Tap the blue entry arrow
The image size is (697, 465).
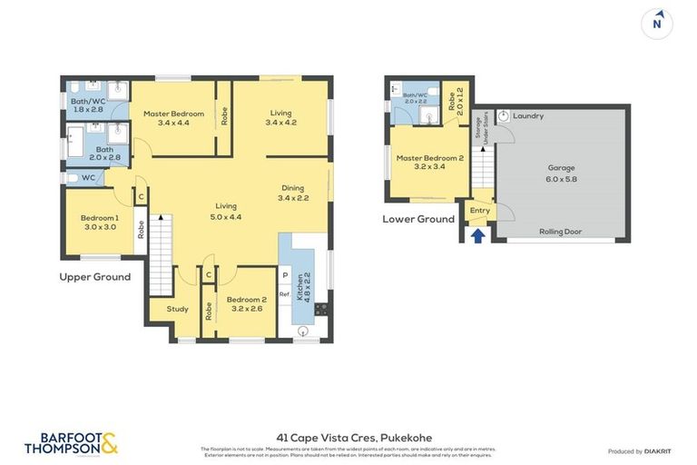(x=478, y=236)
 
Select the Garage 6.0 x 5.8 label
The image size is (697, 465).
(x=561, y=173)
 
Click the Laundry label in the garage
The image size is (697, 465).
(x=527, y=116)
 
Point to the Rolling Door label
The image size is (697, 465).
(x=561, y=232)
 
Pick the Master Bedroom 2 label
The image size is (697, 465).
(x=429, y=163)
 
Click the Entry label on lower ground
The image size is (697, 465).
(x=479, y=211)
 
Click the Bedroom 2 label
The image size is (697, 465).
(x=244, y=304)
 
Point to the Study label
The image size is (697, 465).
(x=178, y=309)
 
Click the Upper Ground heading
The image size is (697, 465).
(x=94, y=277)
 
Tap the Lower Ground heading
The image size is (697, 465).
(x=418, y=219)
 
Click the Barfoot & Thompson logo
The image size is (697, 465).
(x=72, y=443)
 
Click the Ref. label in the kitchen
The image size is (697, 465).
(x=284, y=294)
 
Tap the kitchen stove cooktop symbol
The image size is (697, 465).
(x=320, y=309)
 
